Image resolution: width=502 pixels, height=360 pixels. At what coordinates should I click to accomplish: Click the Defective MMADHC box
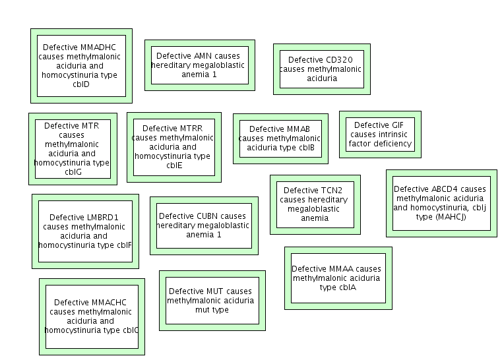click(81, 65)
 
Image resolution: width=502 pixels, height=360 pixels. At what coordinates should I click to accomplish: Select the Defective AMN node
click(200, 65)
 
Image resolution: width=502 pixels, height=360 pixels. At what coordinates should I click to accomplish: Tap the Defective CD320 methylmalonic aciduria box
click(321, 69)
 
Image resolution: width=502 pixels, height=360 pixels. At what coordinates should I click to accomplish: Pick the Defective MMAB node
click(280, 138)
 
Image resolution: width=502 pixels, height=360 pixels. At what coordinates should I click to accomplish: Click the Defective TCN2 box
click(315, 204)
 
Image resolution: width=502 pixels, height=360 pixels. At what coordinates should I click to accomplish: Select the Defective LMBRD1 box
click(85, 231)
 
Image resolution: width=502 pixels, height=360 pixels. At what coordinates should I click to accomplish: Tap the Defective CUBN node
click(204, 225)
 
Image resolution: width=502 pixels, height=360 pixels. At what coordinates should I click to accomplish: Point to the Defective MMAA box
click(338, 278)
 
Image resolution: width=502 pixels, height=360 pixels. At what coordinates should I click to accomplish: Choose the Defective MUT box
click(212, 300)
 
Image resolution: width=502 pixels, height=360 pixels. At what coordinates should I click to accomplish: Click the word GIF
click(398, 125)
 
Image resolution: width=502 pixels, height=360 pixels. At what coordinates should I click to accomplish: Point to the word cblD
click(81, 84)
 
